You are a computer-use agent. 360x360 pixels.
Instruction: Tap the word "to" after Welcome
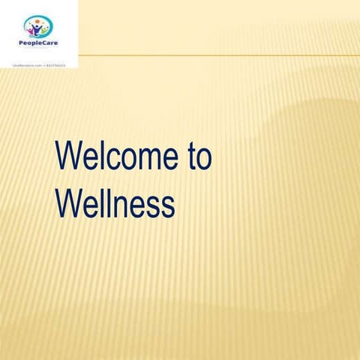point(197,158)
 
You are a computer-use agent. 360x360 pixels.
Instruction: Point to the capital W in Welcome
point(68,158)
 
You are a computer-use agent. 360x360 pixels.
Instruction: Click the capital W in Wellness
point(68,203)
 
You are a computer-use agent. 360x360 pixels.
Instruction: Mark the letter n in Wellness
point(125,205)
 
